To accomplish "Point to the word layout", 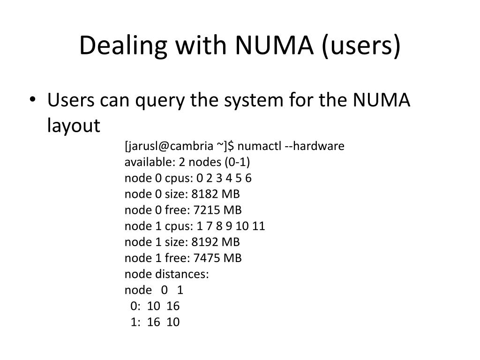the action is [74, 125].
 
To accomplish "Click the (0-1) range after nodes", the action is [237, 162].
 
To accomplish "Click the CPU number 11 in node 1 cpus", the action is [259, 226].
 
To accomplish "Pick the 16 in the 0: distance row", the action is [173, 306].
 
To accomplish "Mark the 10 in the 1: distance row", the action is [173, 322].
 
